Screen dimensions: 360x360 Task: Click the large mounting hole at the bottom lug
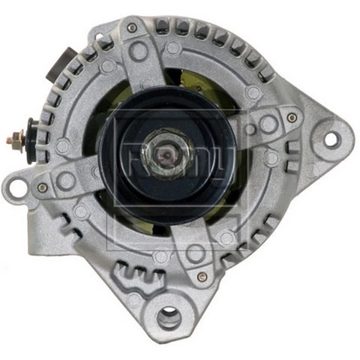click(x=169, y=318)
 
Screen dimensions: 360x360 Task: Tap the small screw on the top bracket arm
click(x=132, y=28)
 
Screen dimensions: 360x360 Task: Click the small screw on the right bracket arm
click(x=292, y=118)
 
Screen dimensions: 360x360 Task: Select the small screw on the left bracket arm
click(x=43, y=187)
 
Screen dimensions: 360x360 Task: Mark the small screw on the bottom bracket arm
click(x=202, y=276)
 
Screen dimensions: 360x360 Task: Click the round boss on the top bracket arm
click(x=137, y=51)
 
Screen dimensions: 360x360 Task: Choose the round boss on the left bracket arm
click(x=67, y=181)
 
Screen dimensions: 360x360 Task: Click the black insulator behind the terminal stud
click(x=32, y=139)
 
